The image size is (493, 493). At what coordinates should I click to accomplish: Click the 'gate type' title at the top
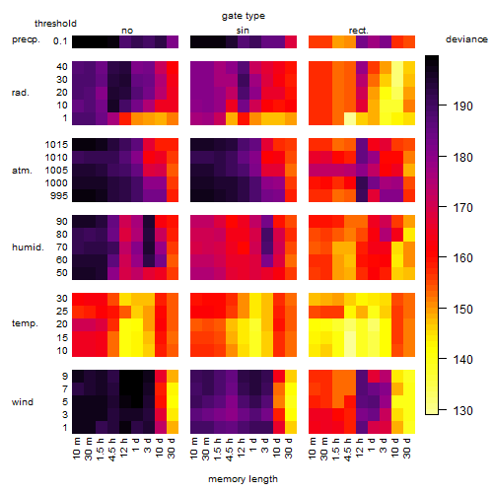pos(244,16)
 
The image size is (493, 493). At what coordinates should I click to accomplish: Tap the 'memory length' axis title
pos(243,479)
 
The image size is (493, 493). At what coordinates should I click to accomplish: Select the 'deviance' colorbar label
pos(466,39)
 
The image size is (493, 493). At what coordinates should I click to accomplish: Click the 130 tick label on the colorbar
pos(463,410)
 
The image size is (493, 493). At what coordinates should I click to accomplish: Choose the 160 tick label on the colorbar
pos(463,258)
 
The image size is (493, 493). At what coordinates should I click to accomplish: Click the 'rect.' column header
pos(359,31)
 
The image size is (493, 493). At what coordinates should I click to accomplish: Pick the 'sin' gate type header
pos(243,31)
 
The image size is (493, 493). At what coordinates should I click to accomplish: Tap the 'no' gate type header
pos(127,31)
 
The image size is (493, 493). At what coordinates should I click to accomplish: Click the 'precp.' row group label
pos(26,39)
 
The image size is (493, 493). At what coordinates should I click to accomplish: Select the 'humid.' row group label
pos(28,247)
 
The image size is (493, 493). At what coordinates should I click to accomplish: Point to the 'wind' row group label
pos(23,402)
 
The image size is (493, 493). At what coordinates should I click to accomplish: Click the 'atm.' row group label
pos(22,171)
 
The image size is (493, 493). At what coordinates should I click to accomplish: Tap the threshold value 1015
pos(56,145)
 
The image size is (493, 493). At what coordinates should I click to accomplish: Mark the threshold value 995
pos(59,196)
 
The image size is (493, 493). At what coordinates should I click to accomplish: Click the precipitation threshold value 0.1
pos(60,41)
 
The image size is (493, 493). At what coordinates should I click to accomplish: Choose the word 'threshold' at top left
pos(55,24)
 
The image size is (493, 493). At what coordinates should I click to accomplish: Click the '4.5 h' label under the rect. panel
pos(347,450)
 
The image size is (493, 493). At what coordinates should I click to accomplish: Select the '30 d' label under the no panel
pos(172,448)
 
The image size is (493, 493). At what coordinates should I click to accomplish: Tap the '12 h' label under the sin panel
pos(241,448)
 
